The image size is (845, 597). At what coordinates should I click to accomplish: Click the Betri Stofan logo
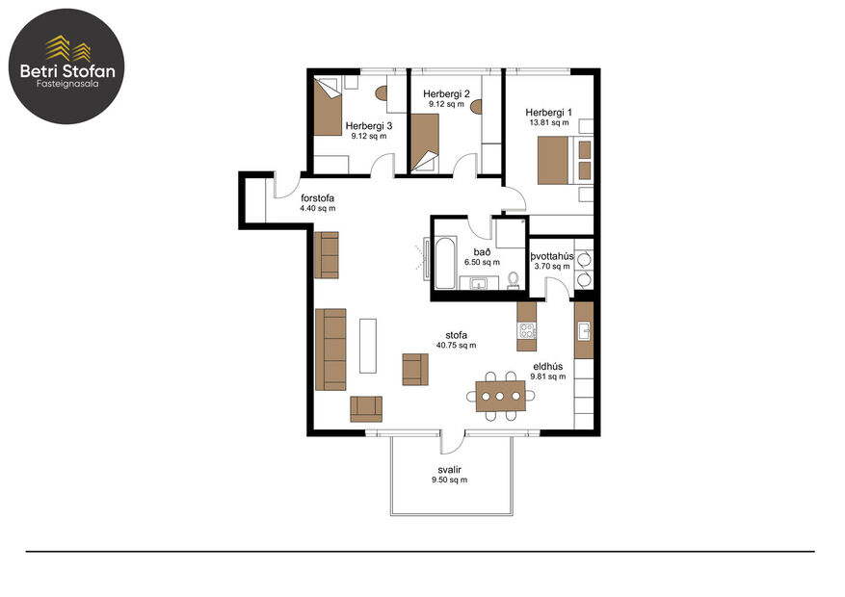click(x=66, y=67)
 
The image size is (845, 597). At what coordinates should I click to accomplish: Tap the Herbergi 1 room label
click(x=549, y=113)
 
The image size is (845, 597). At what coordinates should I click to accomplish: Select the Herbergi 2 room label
click(x=446, y=93)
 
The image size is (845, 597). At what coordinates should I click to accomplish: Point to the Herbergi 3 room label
click(x=369, y=126)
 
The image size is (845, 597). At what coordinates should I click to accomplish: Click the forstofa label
click(x=317, y=198)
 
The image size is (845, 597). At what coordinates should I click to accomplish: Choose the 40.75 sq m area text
click(x=456, y=345)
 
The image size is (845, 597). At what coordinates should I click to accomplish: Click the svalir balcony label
click(x=449, y=469)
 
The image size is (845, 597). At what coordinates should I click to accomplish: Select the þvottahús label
click(x=552, y=256)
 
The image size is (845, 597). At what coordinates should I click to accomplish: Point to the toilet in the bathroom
click(x=514, y=279)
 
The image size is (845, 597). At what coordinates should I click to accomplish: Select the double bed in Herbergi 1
click(x=558, y=159)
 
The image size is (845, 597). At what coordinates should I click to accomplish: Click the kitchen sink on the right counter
click(x=583, y=331)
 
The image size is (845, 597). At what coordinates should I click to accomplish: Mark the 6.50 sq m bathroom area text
click(x=482, y=262)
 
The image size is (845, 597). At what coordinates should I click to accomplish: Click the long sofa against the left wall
click(x=330, y=349)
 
